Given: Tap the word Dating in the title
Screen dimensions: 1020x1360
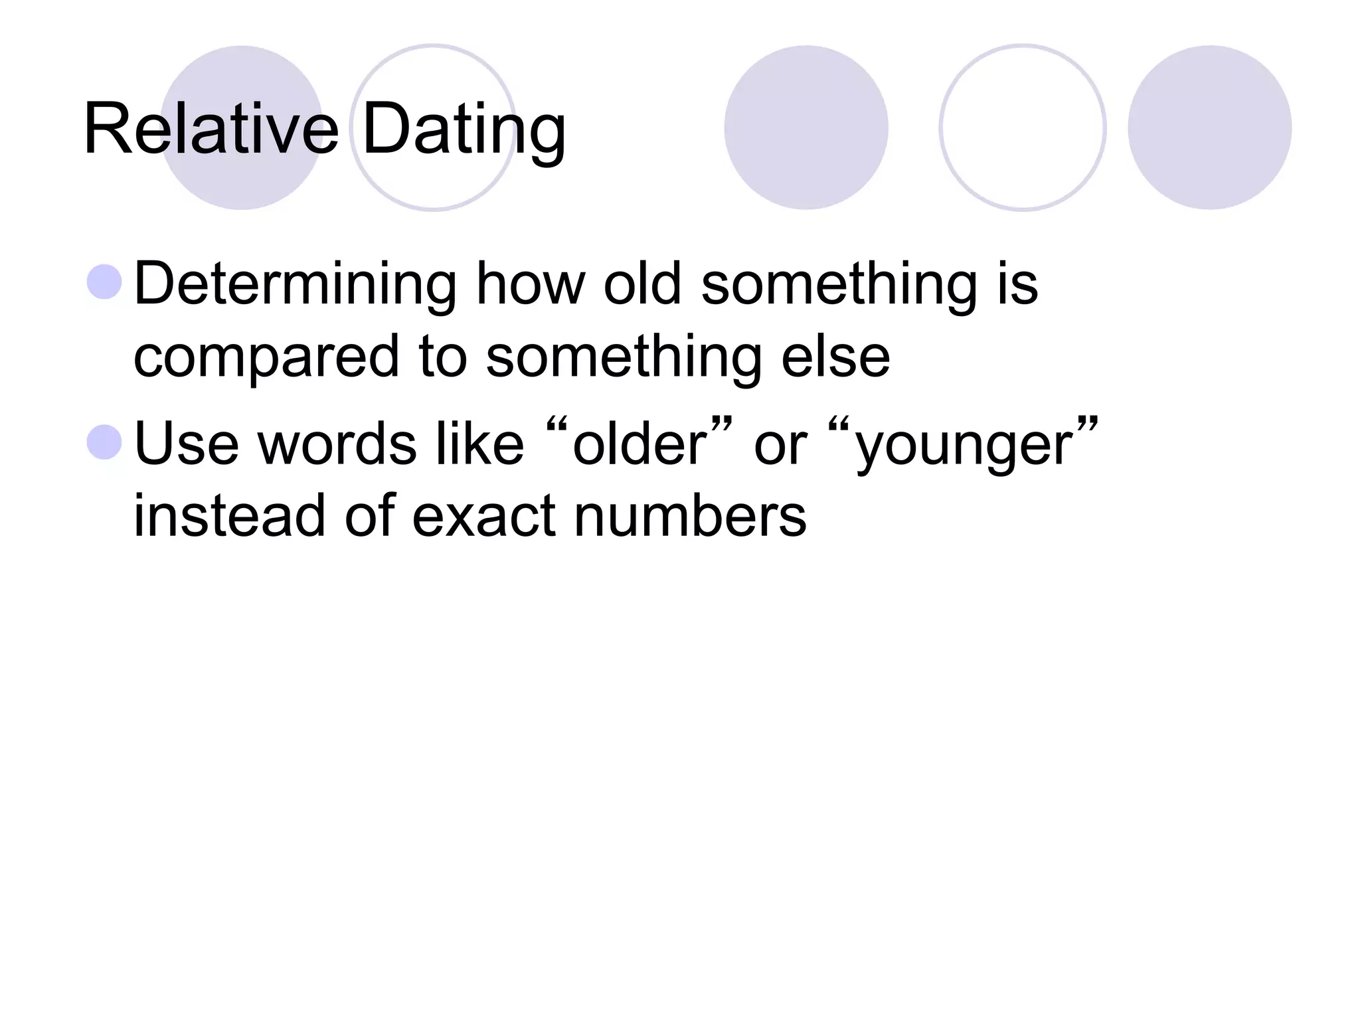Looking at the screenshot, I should [x=464, y=130].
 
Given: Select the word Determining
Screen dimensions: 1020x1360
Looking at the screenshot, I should [x=295, y=285].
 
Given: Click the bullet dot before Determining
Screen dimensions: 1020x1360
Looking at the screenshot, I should [x=105, y=282].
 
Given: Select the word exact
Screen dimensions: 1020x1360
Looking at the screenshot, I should [x=483, y=517].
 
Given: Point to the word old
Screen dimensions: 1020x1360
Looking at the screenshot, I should [x=642, y=285].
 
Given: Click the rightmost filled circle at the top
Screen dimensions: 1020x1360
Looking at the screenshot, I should [x=1209, y=127].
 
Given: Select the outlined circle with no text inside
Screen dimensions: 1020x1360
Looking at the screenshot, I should [x=1022, y=127].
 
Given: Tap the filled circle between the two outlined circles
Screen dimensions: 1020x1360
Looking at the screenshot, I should [x=806, y=127].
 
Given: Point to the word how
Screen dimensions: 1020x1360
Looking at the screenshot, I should [x=530, y=285].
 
